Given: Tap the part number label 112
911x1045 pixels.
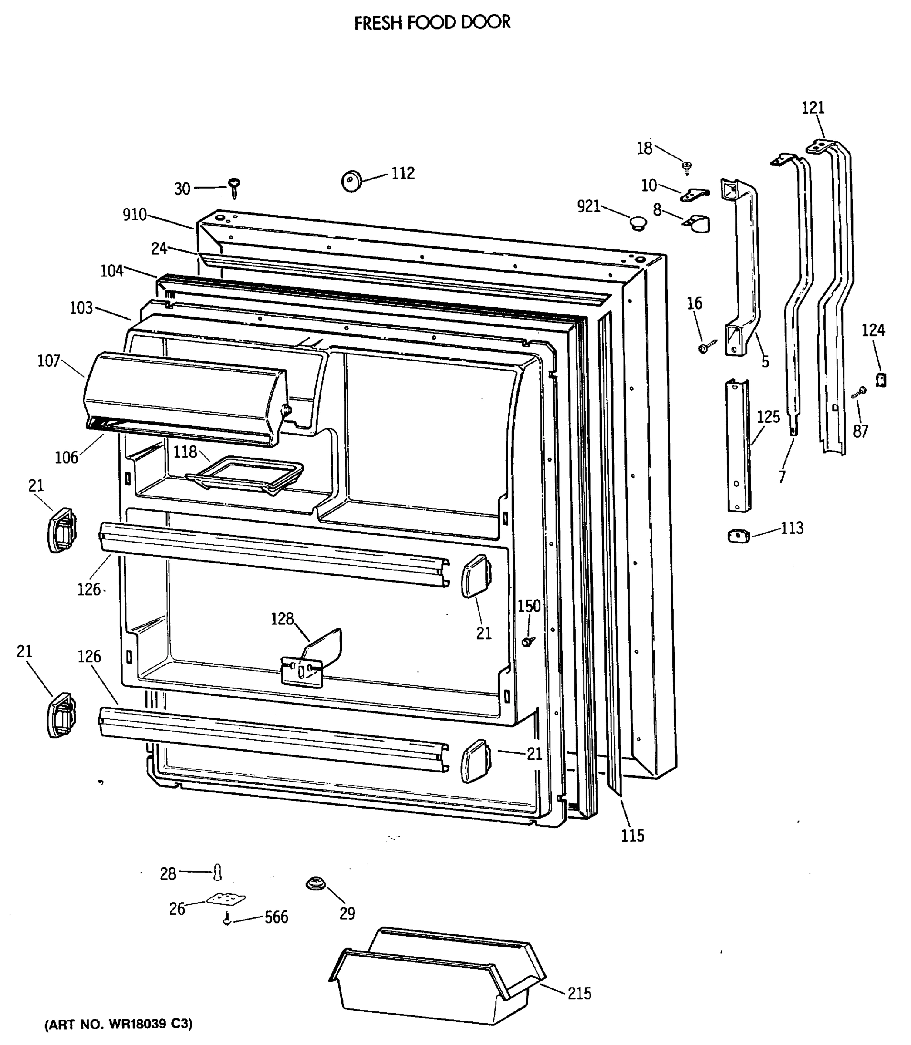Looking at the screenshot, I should click(403, 173).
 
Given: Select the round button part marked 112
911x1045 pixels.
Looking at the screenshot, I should click(351, 181).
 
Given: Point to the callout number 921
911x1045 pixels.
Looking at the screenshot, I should click(589, 206).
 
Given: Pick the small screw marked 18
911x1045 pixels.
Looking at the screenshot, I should click(687, 167).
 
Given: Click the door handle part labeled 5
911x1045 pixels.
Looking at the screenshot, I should click(742, 264).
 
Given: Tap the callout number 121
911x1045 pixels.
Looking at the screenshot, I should click(813, 108).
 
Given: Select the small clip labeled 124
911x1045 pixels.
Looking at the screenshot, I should click(881, 380).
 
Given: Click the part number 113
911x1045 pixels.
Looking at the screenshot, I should click(792, 528).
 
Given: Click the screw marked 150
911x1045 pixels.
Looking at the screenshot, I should click(528, 642).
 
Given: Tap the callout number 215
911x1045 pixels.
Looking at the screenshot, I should click(580, 993).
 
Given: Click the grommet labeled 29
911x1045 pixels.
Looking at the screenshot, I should click(316, 884).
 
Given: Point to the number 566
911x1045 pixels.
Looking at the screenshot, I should click(276, 917).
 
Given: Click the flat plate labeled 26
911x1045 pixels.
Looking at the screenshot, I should click(226, 900).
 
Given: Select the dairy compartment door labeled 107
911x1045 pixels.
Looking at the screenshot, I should click(183, 397).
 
